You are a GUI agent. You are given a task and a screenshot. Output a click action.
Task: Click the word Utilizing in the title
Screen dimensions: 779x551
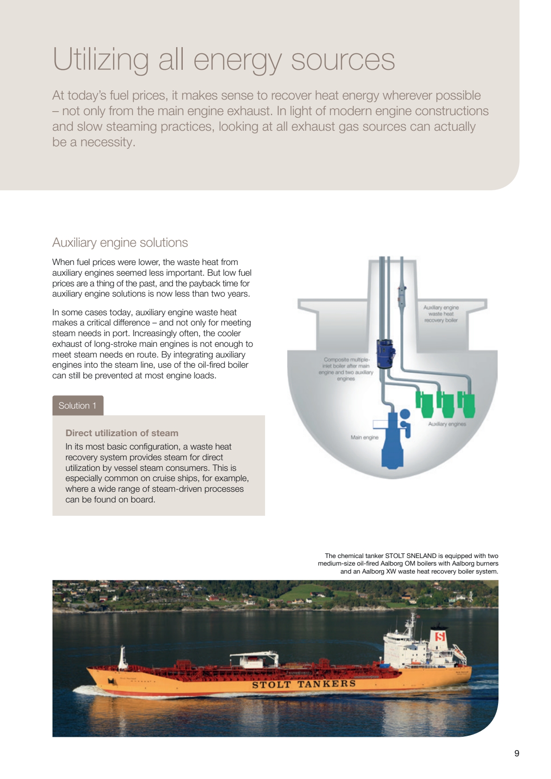[101, 60]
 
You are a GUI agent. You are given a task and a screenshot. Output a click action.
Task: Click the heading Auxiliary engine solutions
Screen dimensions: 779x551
[120, 242]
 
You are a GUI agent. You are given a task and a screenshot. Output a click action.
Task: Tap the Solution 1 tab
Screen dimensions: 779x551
[77, 406]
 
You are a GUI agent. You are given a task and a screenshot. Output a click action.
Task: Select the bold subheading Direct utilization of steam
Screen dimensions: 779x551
[122, 433]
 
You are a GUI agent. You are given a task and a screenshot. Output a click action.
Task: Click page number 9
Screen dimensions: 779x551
[516, 753]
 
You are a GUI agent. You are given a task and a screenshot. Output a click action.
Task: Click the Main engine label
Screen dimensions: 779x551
[364, 438]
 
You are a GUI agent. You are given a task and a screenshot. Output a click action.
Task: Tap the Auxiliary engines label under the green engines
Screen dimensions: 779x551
[447, 424]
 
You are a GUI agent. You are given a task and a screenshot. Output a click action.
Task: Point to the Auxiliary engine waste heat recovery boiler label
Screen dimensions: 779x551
[441, 313]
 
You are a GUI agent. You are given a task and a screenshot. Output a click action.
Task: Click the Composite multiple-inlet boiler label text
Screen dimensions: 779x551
[346, 369]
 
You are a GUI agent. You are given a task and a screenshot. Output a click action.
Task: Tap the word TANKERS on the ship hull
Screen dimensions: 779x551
[326, 684]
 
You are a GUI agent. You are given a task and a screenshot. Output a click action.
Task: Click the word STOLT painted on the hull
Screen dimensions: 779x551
[271, 685]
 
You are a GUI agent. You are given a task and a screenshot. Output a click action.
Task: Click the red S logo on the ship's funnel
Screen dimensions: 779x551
[440, 637]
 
